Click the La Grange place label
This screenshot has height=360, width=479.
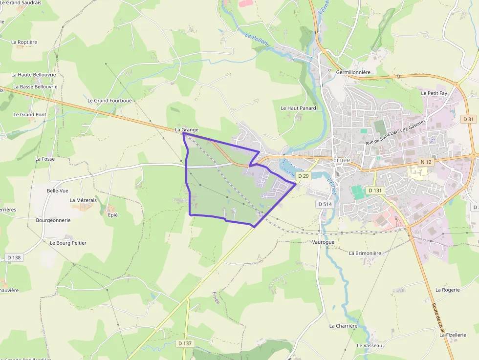(x=187, y=129)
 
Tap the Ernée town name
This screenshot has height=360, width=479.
(x=341, y=160)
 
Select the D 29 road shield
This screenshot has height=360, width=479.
(x=304, y=176)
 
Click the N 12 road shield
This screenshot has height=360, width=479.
(x=426, y=162)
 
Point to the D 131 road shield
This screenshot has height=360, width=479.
(x=374, y=191)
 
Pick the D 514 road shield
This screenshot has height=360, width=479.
(x=325, y=204)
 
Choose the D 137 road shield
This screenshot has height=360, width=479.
(x=185, y=343)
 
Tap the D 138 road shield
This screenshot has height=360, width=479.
(x=14, y=257)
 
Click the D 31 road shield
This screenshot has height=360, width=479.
(x=468, y=119)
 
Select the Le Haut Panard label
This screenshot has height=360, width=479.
(x=298, y=108)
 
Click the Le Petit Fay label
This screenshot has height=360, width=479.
(x=434, y=93)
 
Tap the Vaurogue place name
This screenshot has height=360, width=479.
(x=323, y=242)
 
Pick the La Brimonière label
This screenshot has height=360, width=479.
(x=365, y=253)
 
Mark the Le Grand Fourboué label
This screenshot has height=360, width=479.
(x=109, y=101)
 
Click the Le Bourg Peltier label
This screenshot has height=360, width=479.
(x=68, y=243)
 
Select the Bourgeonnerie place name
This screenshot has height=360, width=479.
(x=53, y=220)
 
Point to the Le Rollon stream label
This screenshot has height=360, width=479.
(x=257, y=39)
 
